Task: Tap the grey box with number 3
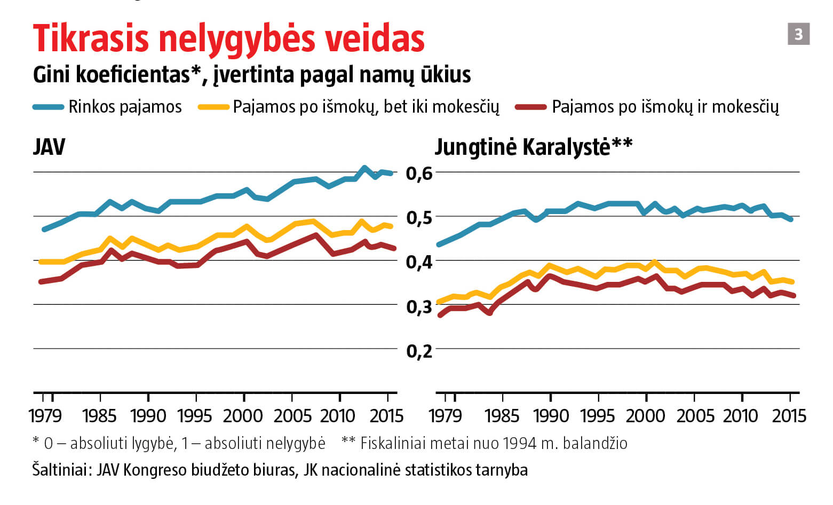798,34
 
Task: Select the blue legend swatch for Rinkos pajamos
49,107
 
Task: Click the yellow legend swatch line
214,107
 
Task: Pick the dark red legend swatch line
530,107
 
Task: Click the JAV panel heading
49,147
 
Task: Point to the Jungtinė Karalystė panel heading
533,147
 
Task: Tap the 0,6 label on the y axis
419,173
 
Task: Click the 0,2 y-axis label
419,351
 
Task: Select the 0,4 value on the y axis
419,262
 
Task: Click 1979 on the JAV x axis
45,415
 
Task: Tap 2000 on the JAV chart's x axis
243,415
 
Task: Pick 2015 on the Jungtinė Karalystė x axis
789,415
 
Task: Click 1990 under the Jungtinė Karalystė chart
550,415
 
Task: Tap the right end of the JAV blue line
391,173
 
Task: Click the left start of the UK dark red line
440,315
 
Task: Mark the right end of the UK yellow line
792,282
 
